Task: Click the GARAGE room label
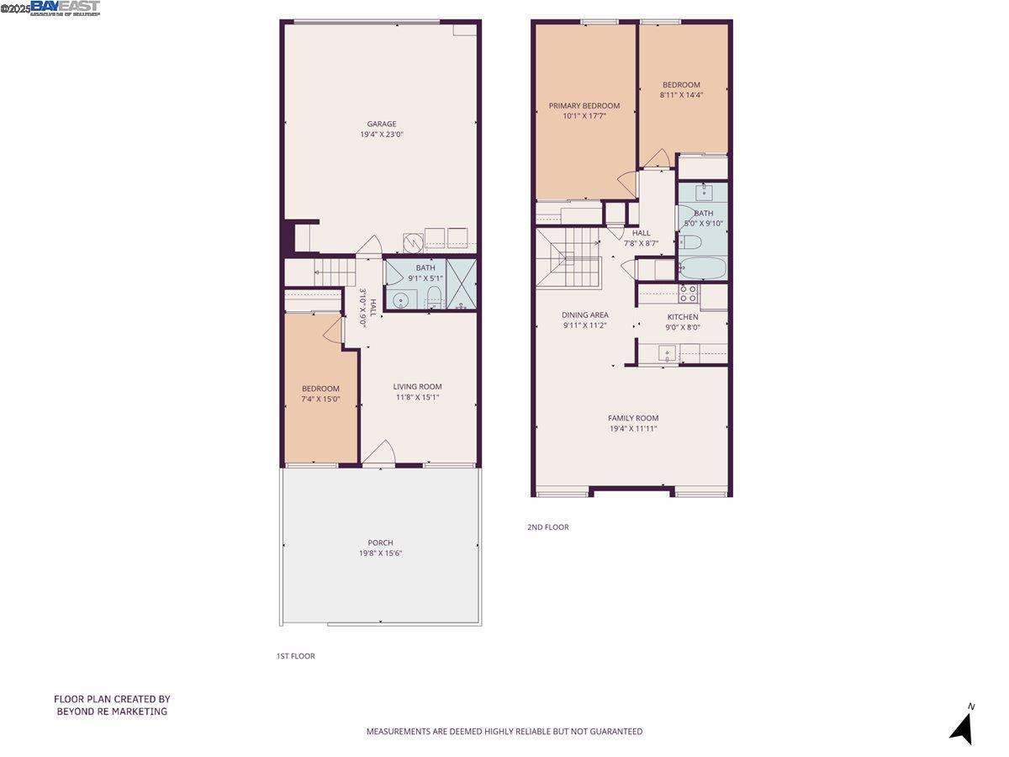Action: pyautogui.click(x=381, y=124)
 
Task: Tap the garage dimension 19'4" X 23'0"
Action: pyautogui.click(x=381, y=135)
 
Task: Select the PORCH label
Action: pyautogui.click(x=380, y=543)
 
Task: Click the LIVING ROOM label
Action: pyautogui.click(x=417, y=387)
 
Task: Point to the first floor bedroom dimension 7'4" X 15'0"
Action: pyautogui.click(x=320, y=400)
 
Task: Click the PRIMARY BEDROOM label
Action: pyautogui.click(x=584, y=106)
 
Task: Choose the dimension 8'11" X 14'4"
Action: pyautogui.click(x=681, y=95)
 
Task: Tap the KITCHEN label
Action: pyautogui.click(x=682, y=317)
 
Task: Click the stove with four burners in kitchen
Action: pyautogui.click(x=688, y=293)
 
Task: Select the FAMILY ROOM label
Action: pyautogui.click(x=633, y=418)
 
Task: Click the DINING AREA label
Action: pyautogui.click(x=585, y=315)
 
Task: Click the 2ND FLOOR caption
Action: pyautogui.click(x=547, y=527)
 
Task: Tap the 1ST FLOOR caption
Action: pyautogui.click(x=295, y=656)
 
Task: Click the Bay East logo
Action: pyautogui.click(x=65, y=8)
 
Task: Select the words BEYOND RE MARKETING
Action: pyautogui.click(x=112, y=712)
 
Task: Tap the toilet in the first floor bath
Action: pyautogui.click(x=434, y=297)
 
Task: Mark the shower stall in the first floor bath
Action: pyautogui.click(x=461, y=284)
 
